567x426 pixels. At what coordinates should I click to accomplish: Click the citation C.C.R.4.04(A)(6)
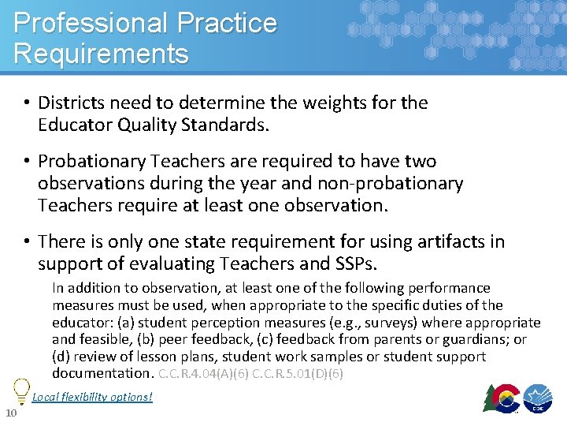[203, 373]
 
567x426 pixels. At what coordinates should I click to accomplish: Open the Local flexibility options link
[92, 396]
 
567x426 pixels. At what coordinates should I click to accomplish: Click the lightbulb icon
[20, 390]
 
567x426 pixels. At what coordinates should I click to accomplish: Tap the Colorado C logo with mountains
[502, 399]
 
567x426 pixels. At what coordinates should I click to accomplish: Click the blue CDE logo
[541, 399]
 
